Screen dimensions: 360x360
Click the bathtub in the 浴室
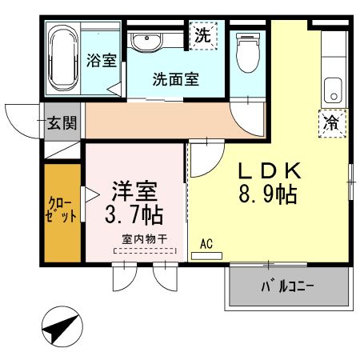click(x=62, y=58)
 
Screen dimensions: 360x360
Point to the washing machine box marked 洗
click(x=203, y=36)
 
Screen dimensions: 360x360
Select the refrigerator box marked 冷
click(x=330, y=122)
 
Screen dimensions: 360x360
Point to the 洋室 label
click(x=133, y=191)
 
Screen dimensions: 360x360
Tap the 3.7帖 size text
click(x=134, y=215)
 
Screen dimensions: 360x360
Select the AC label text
click(x=206, y=243)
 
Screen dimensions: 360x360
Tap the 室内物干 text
click(x=144, y=239)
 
